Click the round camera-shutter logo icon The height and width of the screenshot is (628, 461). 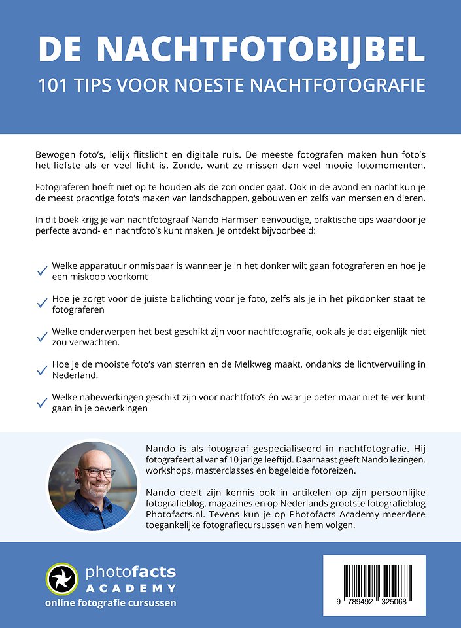click(62, 578)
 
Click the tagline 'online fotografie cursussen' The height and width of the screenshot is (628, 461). click(111, 603)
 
